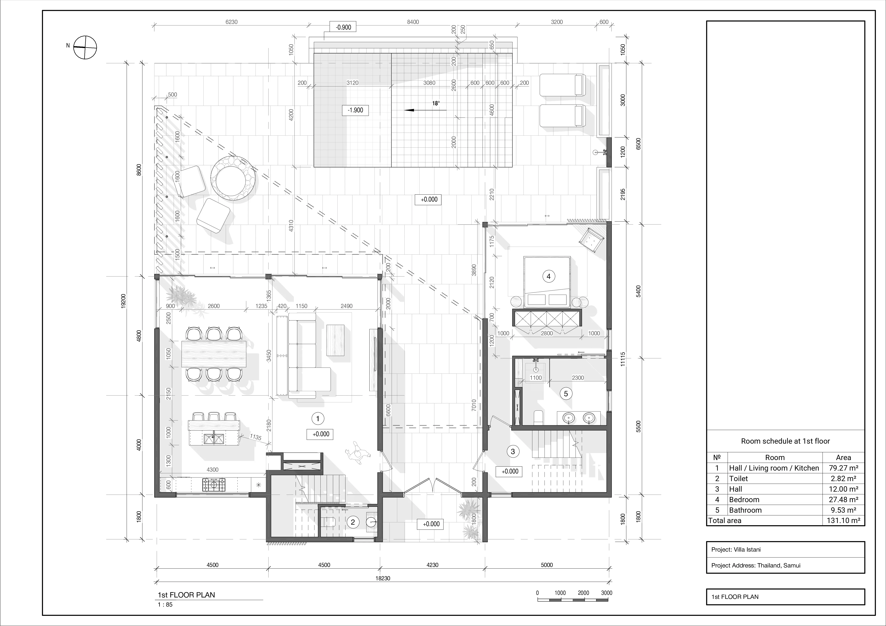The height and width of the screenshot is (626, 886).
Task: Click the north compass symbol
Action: click(x=85, y=47)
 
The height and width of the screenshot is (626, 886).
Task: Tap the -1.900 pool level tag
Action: click(x=355, y=110)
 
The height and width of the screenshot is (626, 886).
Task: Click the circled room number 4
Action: click(x=548, y=276)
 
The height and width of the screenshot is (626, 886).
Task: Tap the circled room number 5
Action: click(x=566, y=394)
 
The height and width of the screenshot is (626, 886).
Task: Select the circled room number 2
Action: click(x=352, y=522)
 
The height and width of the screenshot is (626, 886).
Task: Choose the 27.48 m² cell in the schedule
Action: click(x=843, y=499)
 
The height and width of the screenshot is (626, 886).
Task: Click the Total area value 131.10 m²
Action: click(x=843, y=520)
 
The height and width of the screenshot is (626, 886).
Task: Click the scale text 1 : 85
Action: click(x=165, y=604)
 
